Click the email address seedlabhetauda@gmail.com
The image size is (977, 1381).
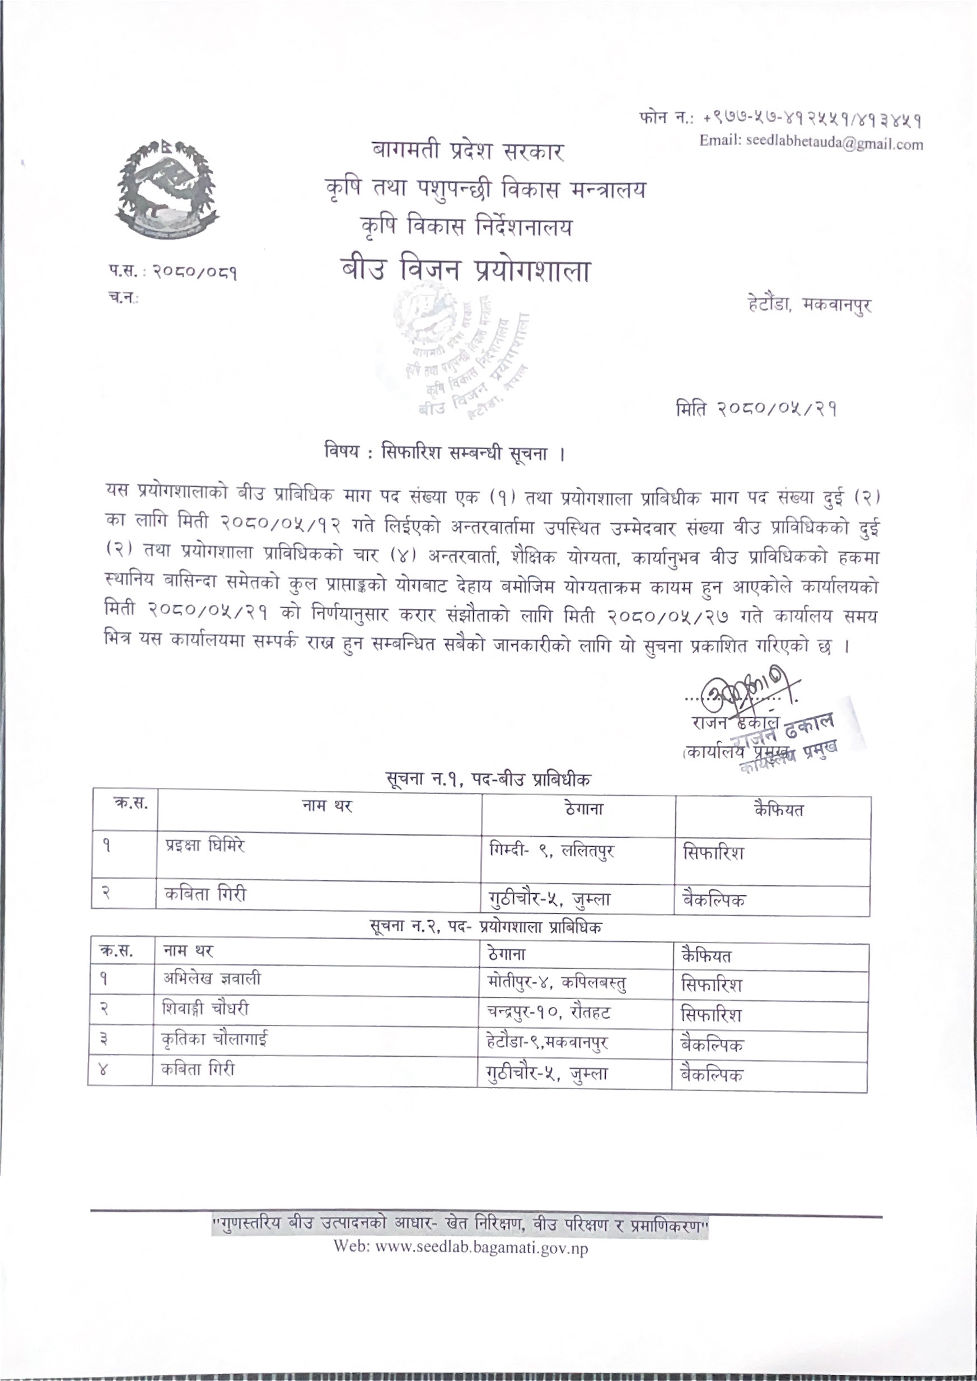(810, 143)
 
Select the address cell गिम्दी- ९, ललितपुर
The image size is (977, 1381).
(551, 850)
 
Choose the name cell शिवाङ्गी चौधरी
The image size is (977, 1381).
(205, 1009)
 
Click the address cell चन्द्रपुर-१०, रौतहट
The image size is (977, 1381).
(549, 1012)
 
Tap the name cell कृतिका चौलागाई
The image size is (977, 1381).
(215, 1039)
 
